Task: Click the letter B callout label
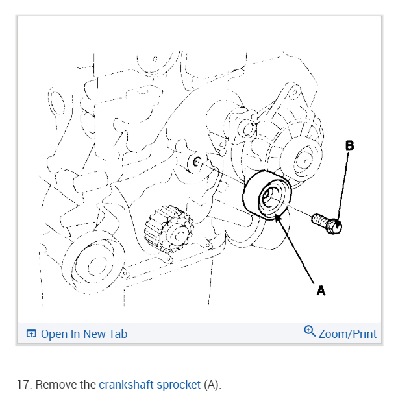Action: pos(350,146)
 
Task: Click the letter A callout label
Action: pos(321,291)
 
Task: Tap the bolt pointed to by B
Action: pos(334,226)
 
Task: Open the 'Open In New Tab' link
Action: pos(84,334)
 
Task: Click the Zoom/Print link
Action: pos(347,334)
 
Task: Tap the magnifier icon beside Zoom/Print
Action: pos(310,332)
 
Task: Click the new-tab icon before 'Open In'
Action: pos(31,334)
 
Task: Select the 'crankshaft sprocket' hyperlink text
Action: pos(149,385)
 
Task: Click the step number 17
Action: pos(24,385)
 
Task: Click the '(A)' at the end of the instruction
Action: pos(212,385)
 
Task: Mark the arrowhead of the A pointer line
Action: pos(278,216)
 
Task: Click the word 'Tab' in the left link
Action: pos(118,334)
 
